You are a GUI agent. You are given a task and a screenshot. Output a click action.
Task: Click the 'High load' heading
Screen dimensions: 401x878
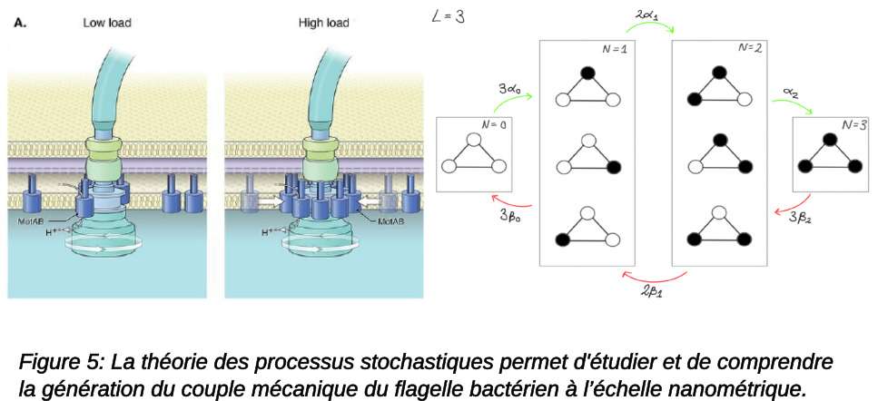click(324, 23)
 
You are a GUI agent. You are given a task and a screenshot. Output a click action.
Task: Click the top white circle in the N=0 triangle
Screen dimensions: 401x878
click(472, 140)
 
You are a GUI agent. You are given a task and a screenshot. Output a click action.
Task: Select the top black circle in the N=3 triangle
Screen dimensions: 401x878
click(828, 140)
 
